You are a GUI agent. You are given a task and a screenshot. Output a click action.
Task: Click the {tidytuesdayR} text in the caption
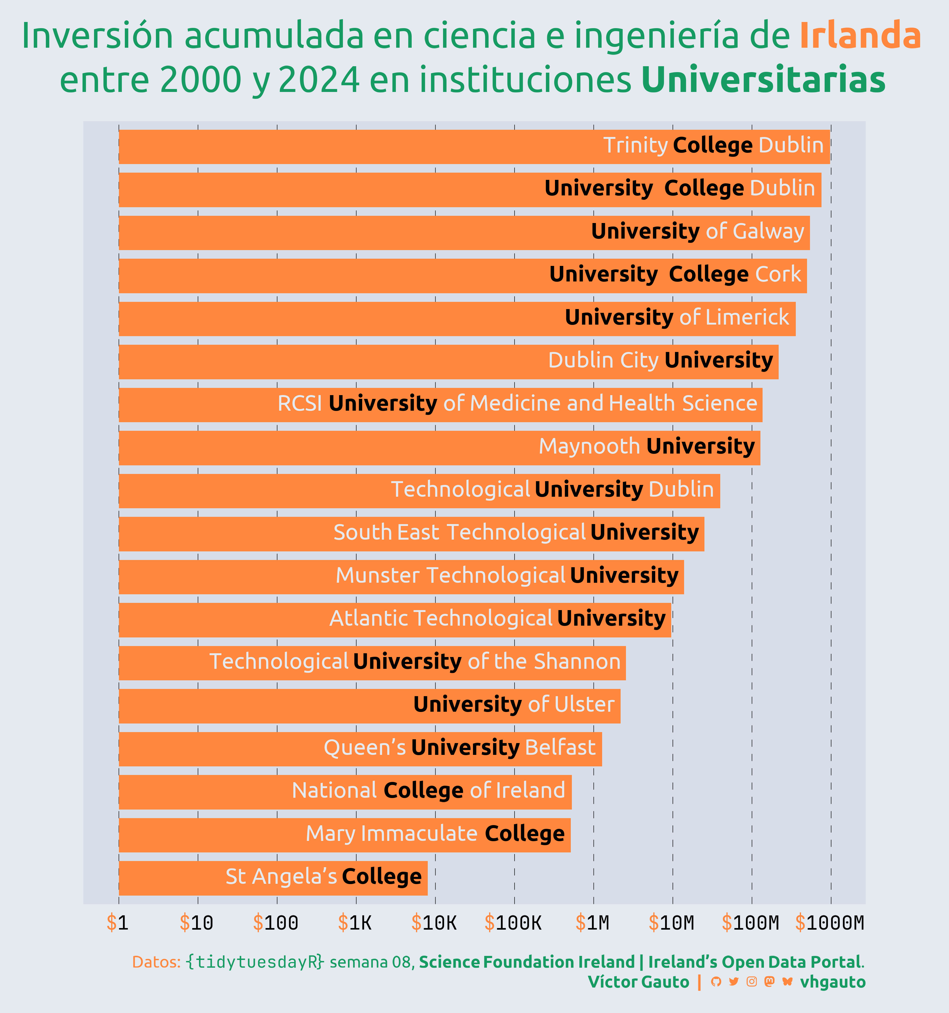coord(254,962)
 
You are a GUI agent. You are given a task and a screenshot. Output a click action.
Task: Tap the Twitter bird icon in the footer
coord(734,982)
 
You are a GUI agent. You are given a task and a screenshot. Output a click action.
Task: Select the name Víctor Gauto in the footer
coord(639,982)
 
